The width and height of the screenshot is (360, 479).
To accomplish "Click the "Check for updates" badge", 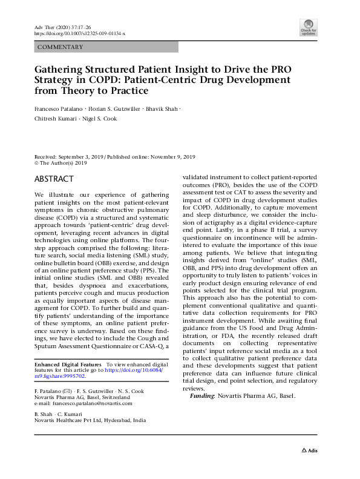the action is (x=309, y=27).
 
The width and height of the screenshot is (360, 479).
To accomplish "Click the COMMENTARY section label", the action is (x=59, y=47).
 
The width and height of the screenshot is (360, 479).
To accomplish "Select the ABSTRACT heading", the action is (x=54, y=179).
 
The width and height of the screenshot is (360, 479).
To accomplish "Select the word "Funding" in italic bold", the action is (x=202, y=395).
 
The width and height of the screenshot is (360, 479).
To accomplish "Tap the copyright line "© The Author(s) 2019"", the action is (x=61, y=162).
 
